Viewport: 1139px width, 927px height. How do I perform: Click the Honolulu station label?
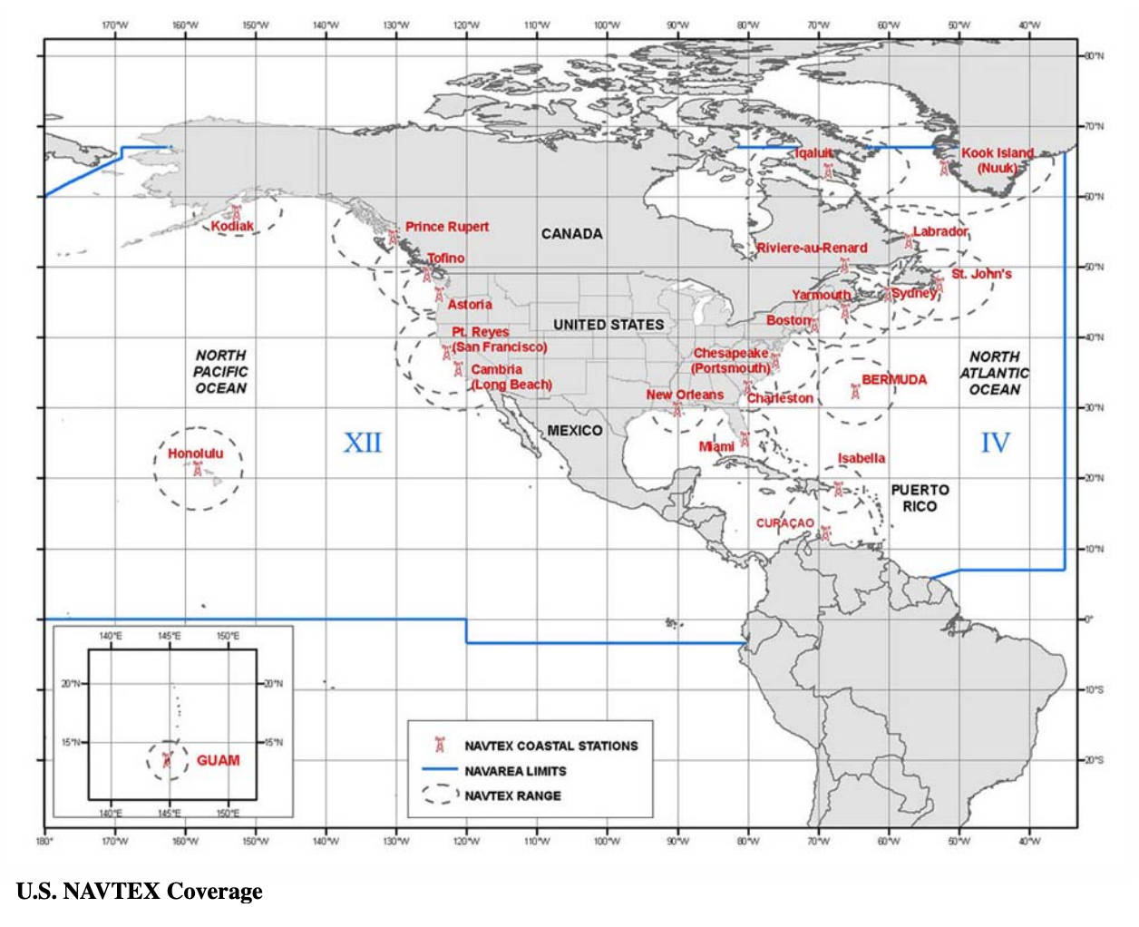pyautogui.click(x=195, y=454)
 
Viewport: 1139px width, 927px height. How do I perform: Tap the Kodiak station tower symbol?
pyautogui.click(x=237, y=212)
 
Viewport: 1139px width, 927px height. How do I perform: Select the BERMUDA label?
pyautogui.click(x=894, y=379)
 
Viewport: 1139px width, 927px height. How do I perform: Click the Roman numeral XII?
pyautogui.click(x=363, y=443)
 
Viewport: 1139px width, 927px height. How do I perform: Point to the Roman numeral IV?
pyautogui.click(x=995, y=443)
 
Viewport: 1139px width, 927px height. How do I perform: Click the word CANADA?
pyautogui.click(x=571, y=234)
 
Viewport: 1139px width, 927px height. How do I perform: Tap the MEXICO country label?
pyautogui.click(x=574, y=430)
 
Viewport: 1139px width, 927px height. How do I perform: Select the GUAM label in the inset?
pyautogui.click(x=219, y=760)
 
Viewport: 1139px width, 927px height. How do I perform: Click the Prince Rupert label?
pyautogui.click(x=446, y=227)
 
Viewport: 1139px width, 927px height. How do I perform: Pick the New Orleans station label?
pyautogui.click(x=685, y=395)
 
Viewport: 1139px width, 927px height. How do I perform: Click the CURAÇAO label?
pyautogui.click(x=785, y=523)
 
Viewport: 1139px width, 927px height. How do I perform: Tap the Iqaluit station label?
pyautogui.click(x=813, y=153)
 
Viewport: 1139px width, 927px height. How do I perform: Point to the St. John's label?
pyautogui.click(x=981, y=274)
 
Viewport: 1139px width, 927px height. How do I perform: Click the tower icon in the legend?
pyautogui.click(x=440, y=745)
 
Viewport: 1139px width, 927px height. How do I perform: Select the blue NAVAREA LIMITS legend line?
pyautogui.click(x=440, y=770)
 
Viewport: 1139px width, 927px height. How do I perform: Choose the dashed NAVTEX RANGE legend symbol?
pyautogui.click(x=440, y=795)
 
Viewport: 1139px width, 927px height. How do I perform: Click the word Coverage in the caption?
pyautogui.click(x=214, y=892)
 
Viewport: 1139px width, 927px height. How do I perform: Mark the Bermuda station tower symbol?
pyautogui.click(x=855, y=391)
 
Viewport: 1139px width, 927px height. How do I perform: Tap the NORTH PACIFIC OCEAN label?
pyautogui.click(x=220, y=372)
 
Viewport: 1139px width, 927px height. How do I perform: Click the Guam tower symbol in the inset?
pyautogui.click(x=166, y=759)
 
